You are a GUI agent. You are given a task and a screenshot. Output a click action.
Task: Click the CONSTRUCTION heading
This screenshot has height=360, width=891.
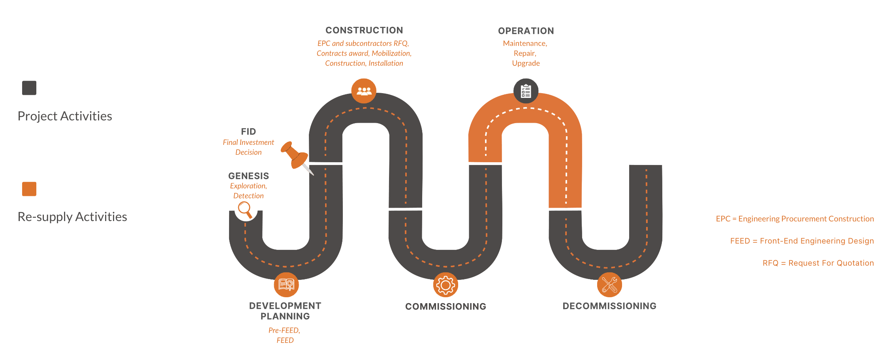point(364,30)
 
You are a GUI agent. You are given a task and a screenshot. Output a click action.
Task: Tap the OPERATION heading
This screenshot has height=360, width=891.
point(526,31)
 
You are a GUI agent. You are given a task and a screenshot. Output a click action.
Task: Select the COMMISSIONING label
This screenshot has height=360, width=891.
point(445,306)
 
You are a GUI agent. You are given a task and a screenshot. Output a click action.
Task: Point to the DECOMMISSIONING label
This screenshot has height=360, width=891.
point(609,306)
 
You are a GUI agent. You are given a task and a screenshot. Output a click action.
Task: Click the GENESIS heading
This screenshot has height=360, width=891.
point(248,176)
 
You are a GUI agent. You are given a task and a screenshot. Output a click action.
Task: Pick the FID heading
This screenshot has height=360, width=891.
point(248,131)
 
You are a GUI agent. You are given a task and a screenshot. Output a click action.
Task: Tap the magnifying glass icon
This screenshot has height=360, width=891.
point(245,209)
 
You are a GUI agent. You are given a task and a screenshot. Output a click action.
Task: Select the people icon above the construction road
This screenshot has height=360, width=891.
point(364,91)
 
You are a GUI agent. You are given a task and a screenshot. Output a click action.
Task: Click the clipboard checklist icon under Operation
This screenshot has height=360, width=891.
point(526,91)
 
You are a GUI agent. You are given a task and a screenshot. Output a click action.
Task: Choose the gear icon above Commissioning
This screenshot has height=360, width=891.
point(445,285)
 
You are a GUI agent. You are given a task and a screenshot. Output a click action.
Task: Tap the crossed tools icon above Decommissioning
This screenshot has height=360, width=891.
point(609,285)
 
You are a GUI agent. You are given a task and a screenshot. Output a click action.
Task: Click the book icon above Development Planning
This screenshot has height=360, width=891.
point(286,285)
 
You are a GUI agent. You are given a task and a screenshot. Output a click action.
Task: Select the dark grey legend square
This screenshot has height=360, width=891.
point(29,88)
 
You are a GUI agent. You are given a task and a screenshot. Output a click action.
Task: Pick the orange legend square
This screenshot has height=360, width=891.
point(29,189)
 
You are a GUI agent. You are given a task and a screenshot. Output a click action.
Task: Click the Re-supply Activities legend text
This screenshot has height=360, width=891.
point(72,217)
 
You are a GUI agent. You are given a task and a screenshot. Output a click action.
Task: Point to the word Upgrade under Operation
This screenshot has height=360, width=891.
point(526,63)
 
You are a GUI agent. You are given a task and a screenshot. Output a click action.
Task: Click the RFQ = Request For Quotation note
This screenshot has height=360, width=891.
point(818,263)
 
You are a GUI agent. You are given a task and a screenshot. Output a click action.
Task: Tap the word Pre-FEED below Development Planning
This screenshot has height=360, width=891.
point(284,330)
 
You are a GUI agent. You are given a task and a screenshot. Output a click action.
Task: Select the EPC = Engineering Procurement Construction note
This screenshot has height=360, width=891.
point(795,219)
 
